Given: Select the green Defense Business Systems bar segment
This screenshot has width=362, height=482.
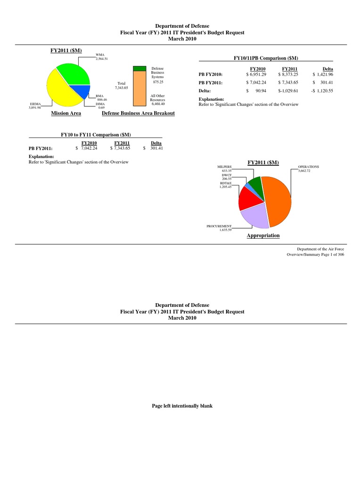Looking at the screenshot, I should tap(140, 68).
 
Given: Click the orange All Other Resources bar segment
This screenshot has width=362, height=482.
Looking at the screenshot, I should tap(140, 88).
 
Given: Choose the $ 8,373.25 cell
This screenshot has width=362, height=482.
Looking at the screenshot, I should tap(288, 75).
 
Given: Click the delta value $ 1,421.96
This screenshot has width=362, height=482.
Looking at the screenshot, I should tap(323, 75).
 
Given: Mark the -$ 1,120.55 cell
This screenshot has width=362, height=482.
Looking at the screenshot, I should tap(321, 91).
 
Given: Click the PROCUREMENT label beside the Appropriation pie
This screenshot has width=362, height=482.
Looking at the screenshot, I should tap(219, 226).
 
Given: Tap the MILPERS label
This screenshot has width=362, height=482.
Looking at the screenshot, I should tap(224, 167).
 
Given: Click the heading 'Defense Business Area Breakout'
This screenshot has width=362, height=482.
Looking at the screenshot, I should tap(138, 113).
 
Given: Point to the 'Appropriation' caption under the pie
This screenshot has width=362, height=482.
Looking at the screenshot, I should tap(263, 235).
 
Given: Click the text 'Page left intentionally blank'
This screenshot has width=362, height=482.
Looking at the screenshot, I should tap(181, 405).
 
